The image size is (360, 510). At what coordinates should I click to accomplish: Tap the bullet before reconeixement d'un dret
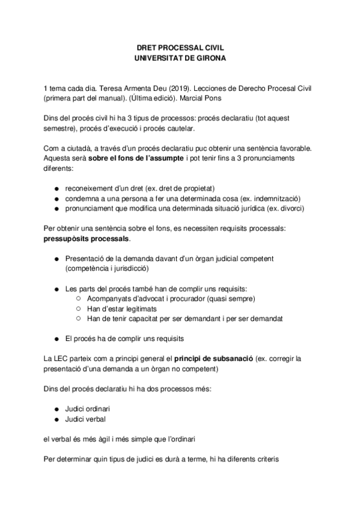[x=55, y=188]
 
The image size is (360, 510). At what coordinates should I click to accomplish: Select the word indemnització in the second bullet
[x=276, y=198]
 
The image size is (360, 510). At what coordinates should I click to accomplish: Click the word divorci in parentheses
[x=290, y=209]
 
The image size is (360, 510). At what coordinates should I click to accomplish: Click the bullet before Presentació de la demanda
[x=55, y=258]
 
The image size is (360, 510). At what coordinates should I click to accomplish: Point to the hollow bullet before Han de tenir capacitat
[x=79, y=318]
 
